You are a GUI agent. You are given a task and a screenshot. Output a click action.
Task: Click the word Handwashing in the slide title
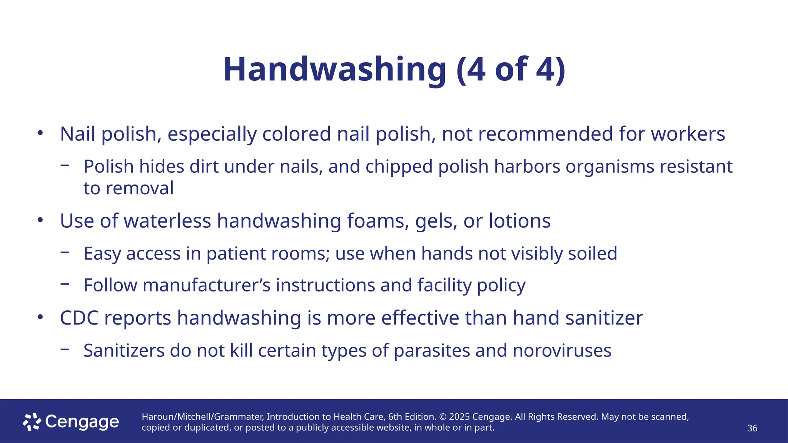click(335, 70)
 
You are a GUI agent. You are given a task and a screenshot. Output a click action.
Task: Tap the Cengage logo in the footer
click(71, 422)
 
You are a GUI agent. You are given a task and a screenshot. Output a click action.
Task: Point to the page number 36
click(752, 428)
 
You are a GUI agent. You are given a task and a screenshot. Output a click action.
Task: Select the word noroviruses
click(562, 351)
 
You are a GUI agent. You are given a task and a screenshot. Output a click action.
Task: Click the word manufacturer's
click(207, 285)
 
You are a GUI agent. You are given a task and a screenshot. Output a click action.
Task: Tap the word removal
click(139, 188)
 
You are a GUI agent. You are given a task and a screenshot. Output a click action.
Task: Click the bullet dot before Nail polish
click(40, 133)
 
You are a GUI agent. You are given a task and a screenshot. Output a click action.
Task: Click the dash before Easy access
click(65, 252)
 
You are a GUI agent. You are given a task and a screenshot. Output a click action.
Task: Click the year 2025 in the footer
click(459, 417)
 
